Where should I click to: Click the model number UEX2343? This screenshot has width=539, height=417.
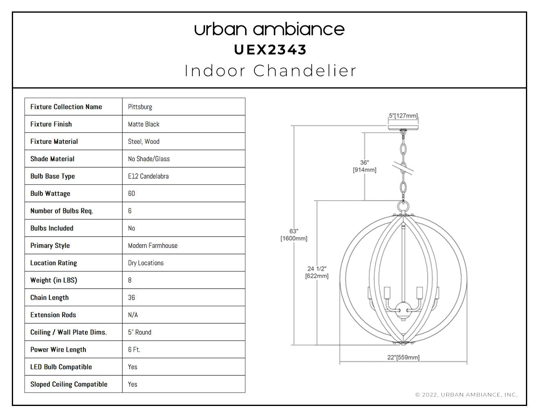pyautogui.click(x=270, y=50)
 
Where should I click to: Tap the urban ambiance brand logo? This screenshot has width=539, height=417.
pyautogui.click(x=269, y=29)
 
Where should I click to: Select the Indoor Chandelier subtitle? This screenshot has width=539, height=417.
pyautogui.click(x=270, y=71)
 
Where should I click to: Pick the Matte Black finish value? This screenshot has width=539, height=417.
pyautogui.click(x=144, y=124)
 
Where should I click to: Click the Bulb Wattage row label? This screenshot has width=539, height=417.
pyautogui.click(x=50, y=193)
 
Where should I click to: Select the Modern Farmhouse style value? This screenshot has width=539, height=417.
pyautogui.click(x=153, y=246)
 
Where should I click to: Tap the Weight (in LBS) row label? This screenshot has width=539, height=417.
pyautogui.click(x=53, y=280)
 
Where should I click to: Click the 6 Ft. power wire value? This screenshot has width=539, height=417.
pyautogui.click(x=134, y=350)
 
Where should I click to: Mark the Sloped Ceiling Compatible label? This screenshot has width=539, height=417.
pyautogui.click(x=69, y=384)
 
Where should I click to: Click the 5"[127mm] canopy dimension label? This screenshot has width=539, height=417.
pyautogui.click(x=403, y=116)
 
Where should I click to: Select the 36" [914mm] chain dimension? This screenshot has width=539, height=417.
pyautogui.click(x=364, y=166)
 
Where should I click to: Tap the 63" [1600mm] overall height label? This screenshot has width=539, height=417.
pyautogui.click(x=294, y=235)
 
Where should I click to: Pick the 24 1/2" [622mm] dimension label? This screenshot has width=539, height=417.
pyautogui.click(x=317, y=272)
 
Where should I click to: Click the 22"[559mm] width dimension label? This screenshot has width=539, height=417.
pyautogui.click(x=403, y=357)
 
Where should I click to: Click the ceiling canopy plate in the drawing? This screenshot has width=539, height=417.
pyautogui.click(x=403, y=128)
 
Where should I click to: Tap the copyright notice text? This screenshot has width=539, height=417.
pyautogui.click(x=466, y=395)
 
